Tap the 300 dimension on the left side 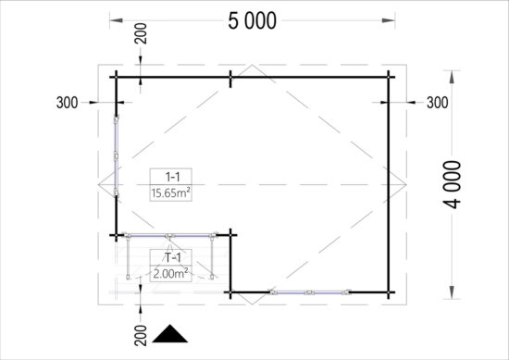[x=67, y=103]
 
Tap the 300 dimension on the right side [x=437, y=103]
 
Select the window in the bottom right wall [x=310, y=292]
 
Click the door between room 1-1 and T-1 [x=171, y=233]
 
